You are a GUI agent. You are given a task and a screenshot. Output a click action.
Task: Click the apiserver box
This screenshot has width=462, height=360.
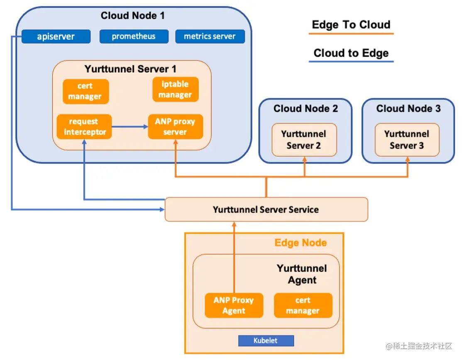pos(56,36)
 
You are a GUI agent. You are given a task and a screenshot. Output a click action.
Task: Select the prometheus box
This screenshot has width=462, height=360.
pos(134,36)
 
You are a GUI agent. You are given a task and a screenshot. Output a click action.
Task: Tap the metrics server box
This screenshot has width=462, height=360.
pos(210,36)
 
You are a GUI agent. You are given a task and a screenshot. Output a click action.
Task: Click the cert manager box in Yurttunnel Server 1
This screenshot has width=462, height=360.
pos(86,91)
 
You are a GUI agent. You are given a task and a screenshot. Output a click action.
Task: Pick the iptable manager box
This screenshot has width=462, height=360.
pos(176,90)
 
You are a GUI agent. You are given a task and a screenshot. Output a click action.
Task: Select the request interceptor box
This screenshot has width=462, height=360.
pos(84,126)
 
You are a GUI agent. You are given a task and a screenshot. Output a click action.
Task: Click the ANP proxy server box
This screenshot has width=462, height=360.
pos(176,126)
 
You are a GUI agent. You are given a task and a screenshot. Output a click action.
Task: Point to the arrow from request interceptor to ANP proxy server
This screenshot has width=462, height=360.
pos(130,126)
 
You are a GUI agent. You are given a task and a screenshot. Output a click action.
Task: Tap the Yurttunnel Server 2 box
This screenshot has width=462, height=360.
pos(304,140)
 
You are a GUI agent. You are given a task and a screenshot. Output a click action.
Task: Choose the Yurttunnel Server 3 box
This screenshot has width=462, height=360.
pos(407,140)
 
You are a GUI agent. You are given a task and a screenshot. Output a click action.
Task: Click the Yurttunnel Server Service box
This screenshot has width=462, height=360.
pos(266,209)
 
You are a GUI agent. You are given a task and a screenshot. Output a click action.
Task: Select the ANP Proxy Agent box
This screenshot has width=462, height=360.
pos(234,305)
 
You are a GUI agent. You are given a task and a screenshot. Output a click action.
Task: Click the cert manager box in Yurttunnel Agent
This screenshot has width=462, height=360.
pos(303,305)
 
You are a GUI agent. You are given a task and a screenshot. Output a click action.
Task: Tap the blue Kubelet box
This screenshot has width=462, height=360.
pos(266,341)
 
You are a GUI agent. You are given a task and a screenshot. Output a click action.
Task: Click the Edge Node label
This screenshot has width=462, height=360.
pos(301,243)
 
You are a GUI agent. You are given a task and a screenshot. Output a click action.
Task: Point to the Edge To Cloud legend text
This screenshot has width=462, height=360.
pos(351,25)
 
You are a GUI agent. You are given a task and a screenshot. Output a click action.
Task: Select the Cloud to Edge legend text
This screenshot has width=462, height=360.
pos(351,53)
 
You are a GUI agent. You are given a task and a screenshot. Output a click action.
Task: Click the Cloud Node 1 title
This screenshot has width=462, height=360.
pos(132,16)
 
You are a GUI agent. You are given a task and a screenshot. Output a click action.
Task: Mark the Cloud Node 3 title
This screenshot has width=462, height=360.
pos(408,109)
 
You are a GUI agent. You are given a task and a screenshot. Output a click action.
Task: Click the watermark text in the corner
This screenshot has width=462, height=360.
pos(419,346)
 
